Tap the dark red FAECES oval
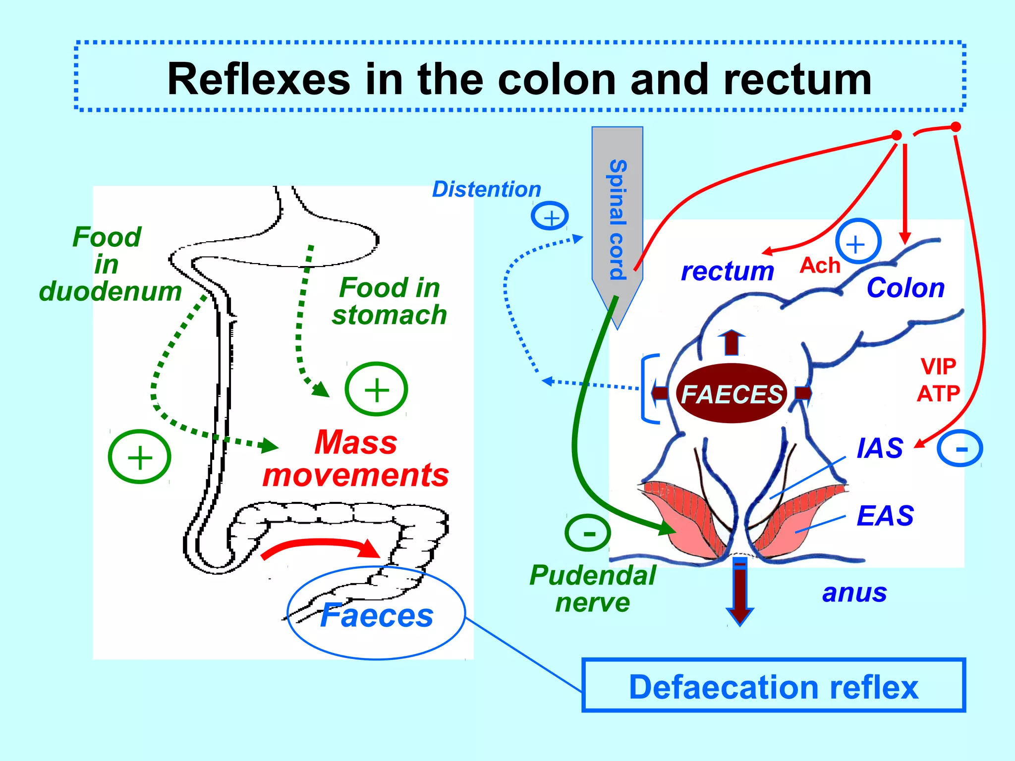(732, 393)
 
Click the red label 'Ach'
(820, 266)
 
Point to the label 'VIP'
(938, 367)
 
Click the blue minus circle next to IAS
(960, 448)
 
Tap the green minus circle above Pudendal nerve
(588, 533)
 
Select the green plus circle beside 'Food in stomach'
(376, 389)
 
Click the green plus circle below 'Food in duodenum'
(140, 457)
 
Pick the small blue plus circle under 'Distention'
(550, 217)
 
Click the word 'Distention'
(486, 189)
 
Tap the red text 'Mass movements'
(356, 458)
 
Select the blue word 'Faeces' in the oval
(377, 615)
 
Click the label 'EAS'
(885, 516)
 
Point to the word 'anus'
(854, 593)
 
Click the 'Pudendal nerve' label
(592, 589)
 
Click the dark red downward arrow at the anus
(739, 592)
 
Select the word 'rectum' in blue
(727, 271)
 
